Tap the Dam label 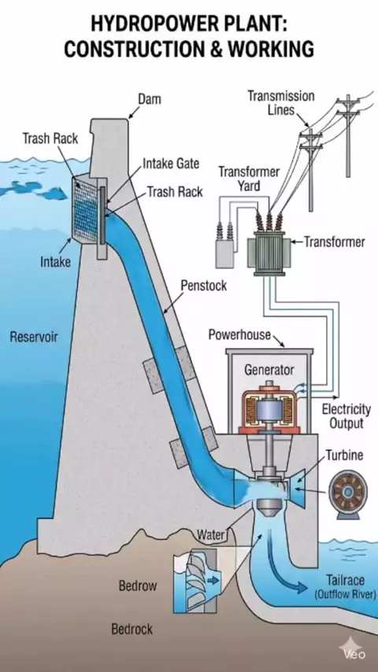pos(150,99)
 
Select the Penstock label pos(203,286)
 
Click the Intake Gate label pos(171,164)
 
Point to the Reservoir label pos(33,337)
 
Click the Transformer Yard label pos(249,179)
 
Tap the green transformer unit pos(269,253)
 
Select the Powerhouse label pos(239,334)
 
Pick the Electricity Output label pos(346,416)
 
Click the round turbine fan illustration pos(347,493)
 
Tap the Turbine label pos(344,455)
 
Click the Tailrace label pos(346,580)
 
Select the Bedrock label pos(132,629)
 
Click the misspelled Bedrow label pos(138,585)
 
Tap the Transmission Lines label pos(280,103)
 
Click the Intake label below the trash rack pos(55,261)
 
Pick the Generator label pos(269,369)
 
